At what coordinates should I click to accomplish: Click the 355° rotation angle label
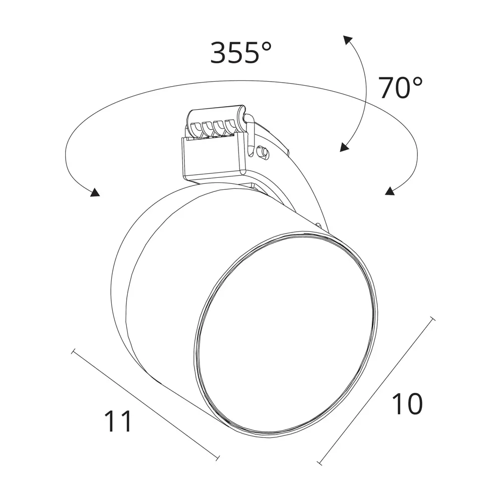(241, 53)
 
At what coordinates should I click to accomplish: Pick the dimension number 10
(407, 404)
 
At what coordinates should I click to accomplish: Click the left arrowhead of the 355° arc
(95, 192)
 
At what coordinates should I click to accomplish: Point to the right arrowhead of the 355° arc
(389, 191)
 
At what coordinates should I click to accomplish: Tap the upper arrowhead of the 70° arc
(348, 40)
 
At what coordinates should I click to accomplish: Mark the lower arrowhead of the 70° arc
(344, 147)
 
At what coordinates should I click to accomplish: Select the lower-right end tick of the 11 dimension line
(217, 458)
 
